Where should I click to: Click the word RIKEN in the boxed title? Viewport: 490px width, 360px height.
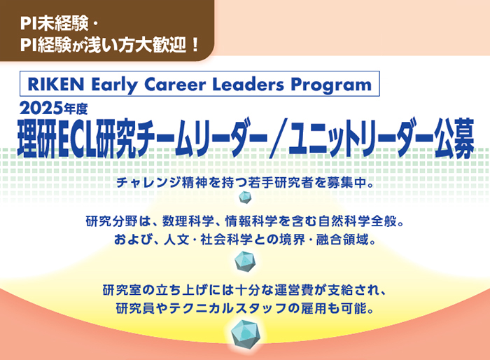pyautogui.click(x=55, y=84)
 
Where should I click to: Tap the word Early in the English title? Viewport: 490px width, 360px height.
pyautogui.click(x=114, y=85)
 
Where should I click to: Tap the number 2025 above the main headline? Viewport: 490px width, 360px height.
pyautogui.click(x=41, y=109)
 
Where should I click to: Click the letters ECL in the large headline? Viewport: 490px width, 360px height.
pyautogui.click(x=76, y=138)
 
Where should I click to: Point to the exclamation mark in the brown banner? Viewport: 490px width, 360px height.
pyautogui.click(x=195, y=44)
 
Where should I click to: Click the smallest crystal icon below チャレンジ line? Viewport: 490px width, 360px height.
pyautogui.click(x=245, y=198)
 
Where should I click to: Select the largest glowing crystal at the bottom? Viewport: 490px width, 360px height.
pyautogui.click(x=246, y=334)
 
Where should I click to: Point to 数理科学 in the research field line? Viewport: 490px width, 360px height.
pyautogui.click(x=188, y=221)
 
